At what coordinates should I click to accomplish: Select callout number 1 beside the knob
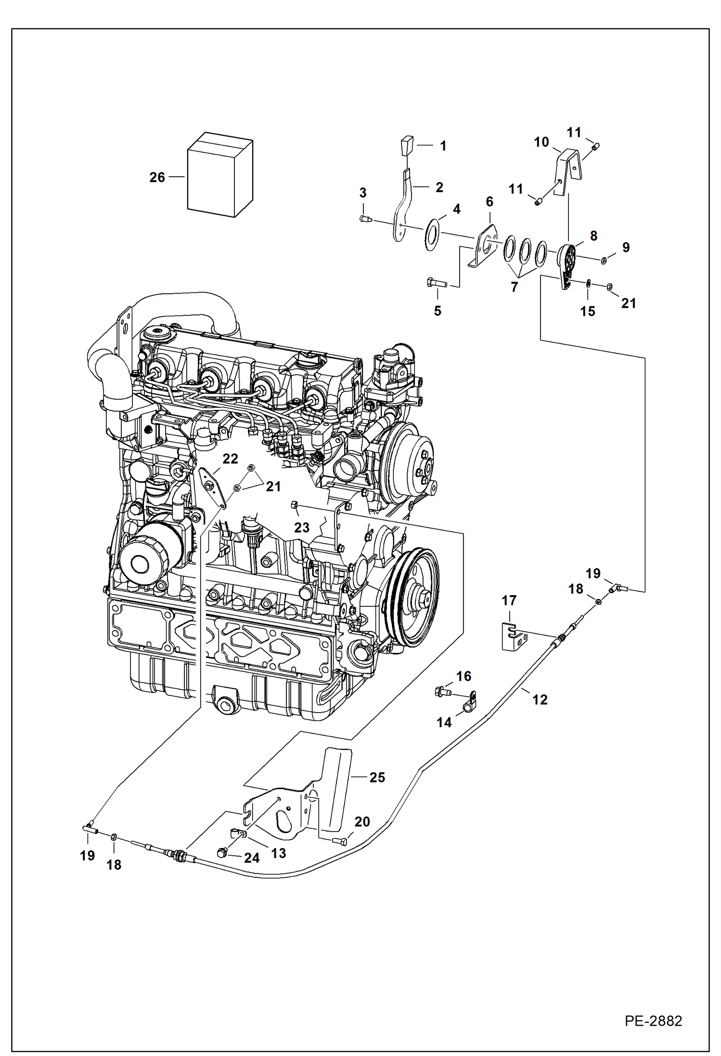coord(443,146)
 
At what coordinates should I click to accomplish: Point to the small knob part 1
coord(407,144)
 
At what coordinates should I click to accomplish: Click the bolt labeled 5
coord(436,283)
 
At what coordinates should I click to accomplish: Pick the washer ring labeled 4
coord(431,235)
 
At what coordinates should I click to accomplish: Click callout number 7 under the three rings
coord(514,287)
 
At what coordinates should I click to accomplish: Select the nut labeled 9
coord(604,261)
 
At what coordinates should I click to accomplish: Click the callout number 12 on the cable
coord(540,700)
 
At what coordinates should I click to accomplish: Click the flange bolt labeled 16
coord(442,692)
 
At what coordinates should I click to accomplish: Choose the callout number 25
coord(377,777)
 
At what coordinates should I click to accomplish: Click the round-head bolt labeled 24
coord(222,853)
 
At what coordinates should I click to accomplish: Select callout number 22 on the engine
coord(230,459)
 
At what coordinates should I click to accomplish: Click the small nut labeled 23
coord(294,505)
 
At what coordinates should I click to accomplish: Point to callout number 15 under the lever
coord(587,312)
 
